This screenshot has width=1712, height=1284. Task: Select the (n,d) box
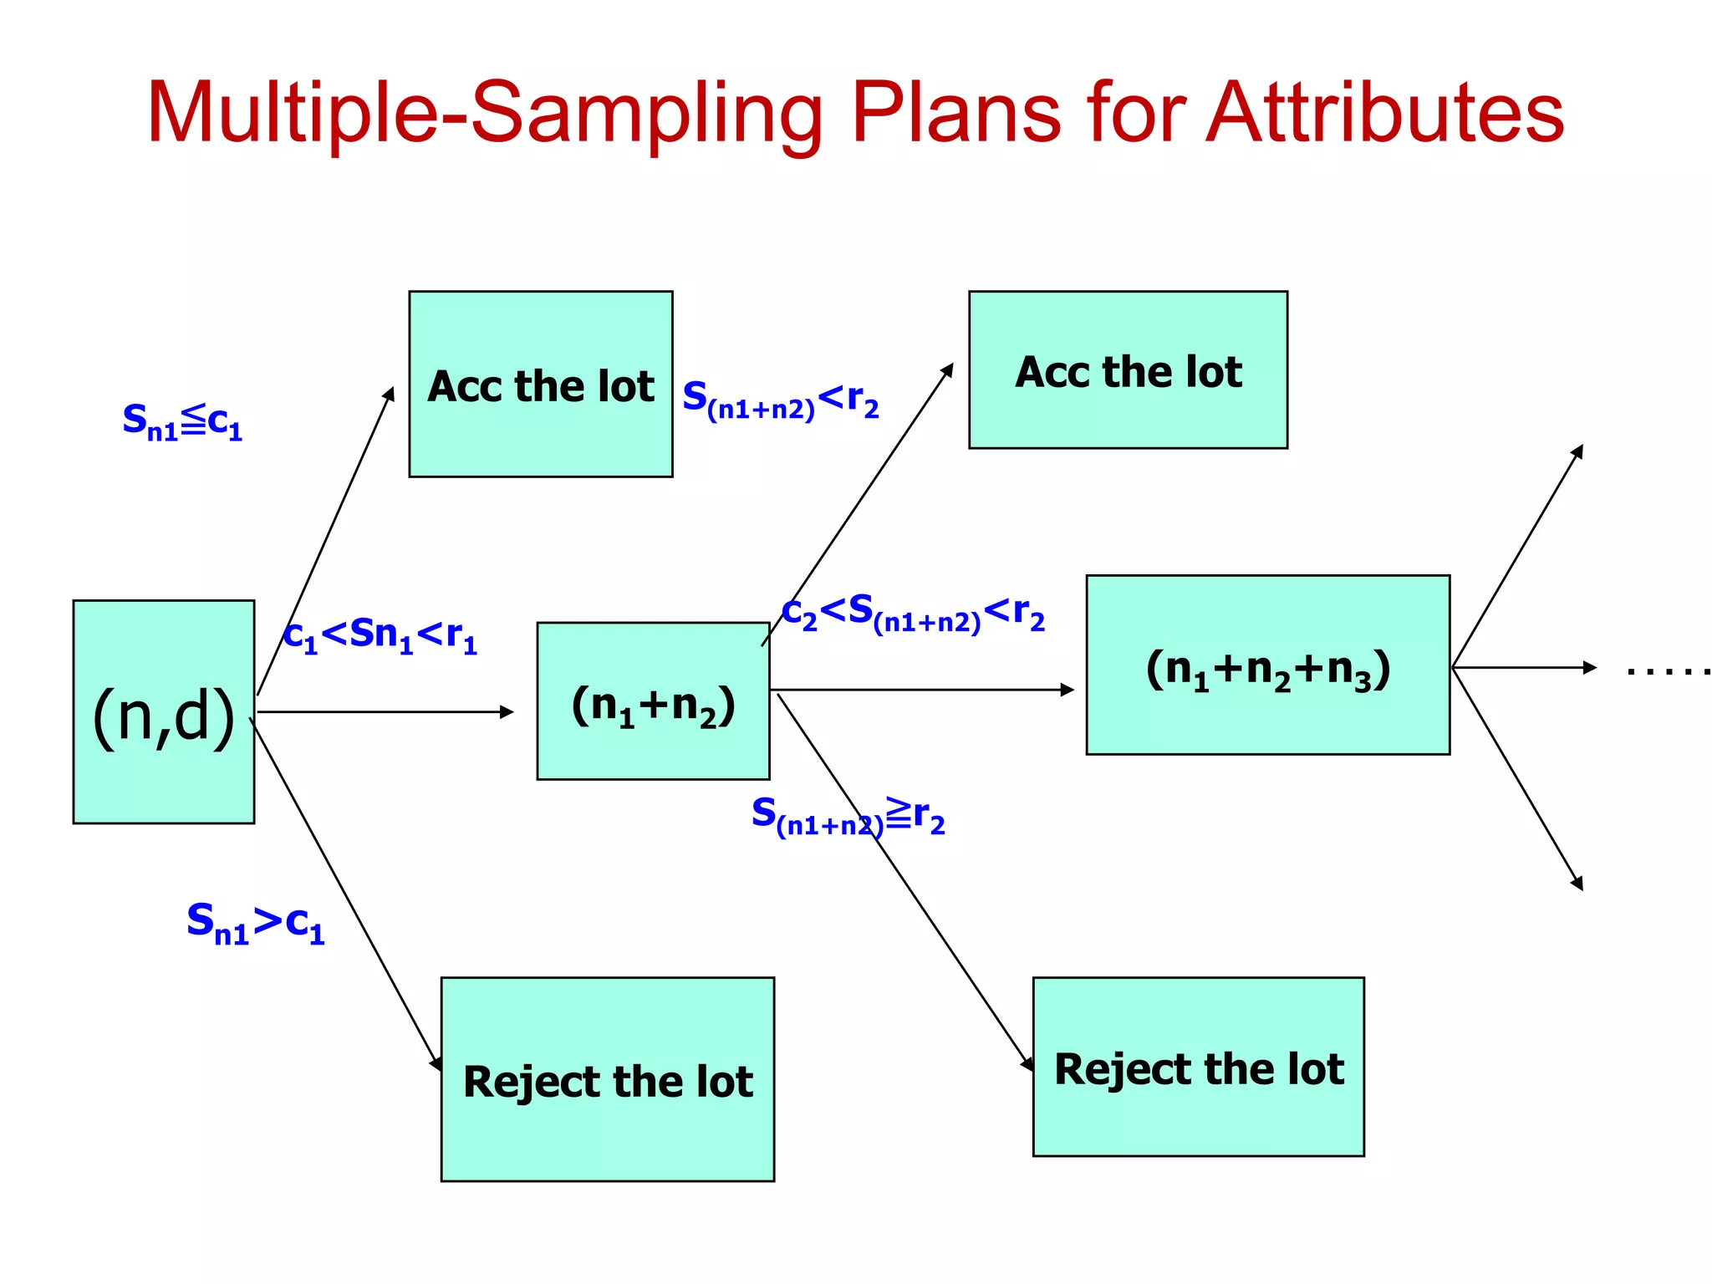[164, 711]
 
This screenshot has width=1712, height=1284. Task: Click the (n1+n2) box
[653, 701]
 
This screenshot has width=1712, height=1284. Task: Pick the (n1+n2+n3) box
[1267, 665]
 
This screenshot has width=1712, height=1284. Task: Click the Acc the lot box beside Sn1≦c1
[541, 385]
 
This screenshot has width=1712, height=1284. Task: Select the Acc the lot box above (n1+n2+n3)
[1128, 370]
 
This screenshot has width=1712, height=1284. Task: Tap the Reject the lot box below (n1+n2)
[608, 1079]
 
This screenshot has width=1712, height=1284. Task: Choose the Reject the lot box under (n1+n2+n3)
[1198, 1067]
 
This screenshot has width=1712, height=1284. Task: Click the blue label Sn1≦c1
[182, 420]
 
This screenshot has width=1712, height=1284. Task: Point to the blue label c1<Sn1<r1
[380, 635]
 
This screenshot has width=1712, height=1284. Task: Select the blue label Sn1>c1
[255, 922]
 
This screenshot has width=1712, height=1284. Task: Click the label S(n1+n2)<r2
[780, 399]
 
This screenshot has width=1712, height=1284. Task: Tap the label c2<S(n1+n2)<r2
[913, 613]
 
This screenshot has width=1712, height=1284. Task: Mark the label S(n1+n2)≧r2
[848, 815]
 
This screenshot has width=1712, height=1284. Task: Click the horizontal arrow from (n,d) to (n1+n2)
[385, 712]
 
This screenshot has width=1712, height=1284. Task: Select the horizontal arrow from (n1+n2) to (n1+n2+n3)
[920, 690]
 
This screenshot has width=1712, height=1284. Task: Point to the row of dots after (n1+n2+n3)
[1669, 670]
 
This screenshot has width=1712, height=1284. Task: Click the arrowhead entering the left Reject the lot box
[436, 1063]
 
